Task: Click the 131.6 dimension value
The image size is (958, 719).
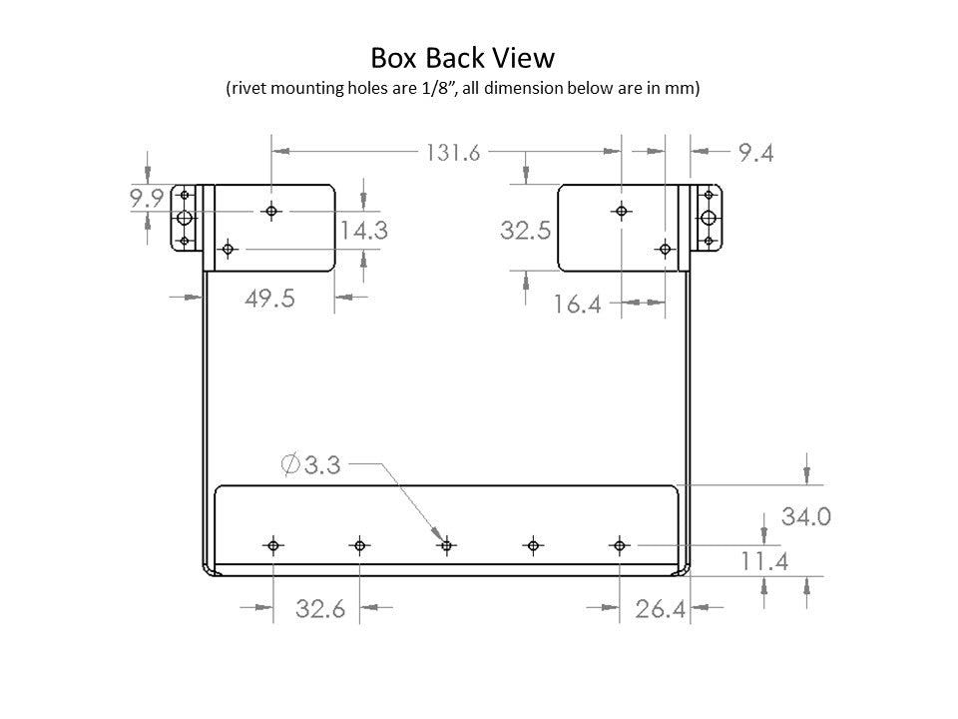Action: [453, 153]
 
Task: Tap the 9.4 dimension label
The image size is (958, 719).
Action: [755, 153]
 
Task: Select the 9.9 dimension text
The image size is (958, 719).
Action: [147, 198]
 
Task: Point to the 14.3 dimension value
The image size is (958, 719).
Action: [363, 231]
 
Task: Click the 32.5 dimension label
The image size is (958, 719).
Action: [526, 231]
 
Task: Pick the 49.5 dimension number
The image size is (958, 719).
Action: [270, 299]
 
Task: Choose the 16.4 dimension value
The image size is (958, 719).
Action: [578, 304]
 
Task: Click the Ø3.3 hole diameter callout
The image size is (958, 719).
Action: [310, 464]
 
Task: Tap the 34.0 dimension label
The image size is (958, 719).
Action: [806, 516]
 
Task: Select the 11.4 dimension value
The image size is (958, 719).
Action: [764, 561]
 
